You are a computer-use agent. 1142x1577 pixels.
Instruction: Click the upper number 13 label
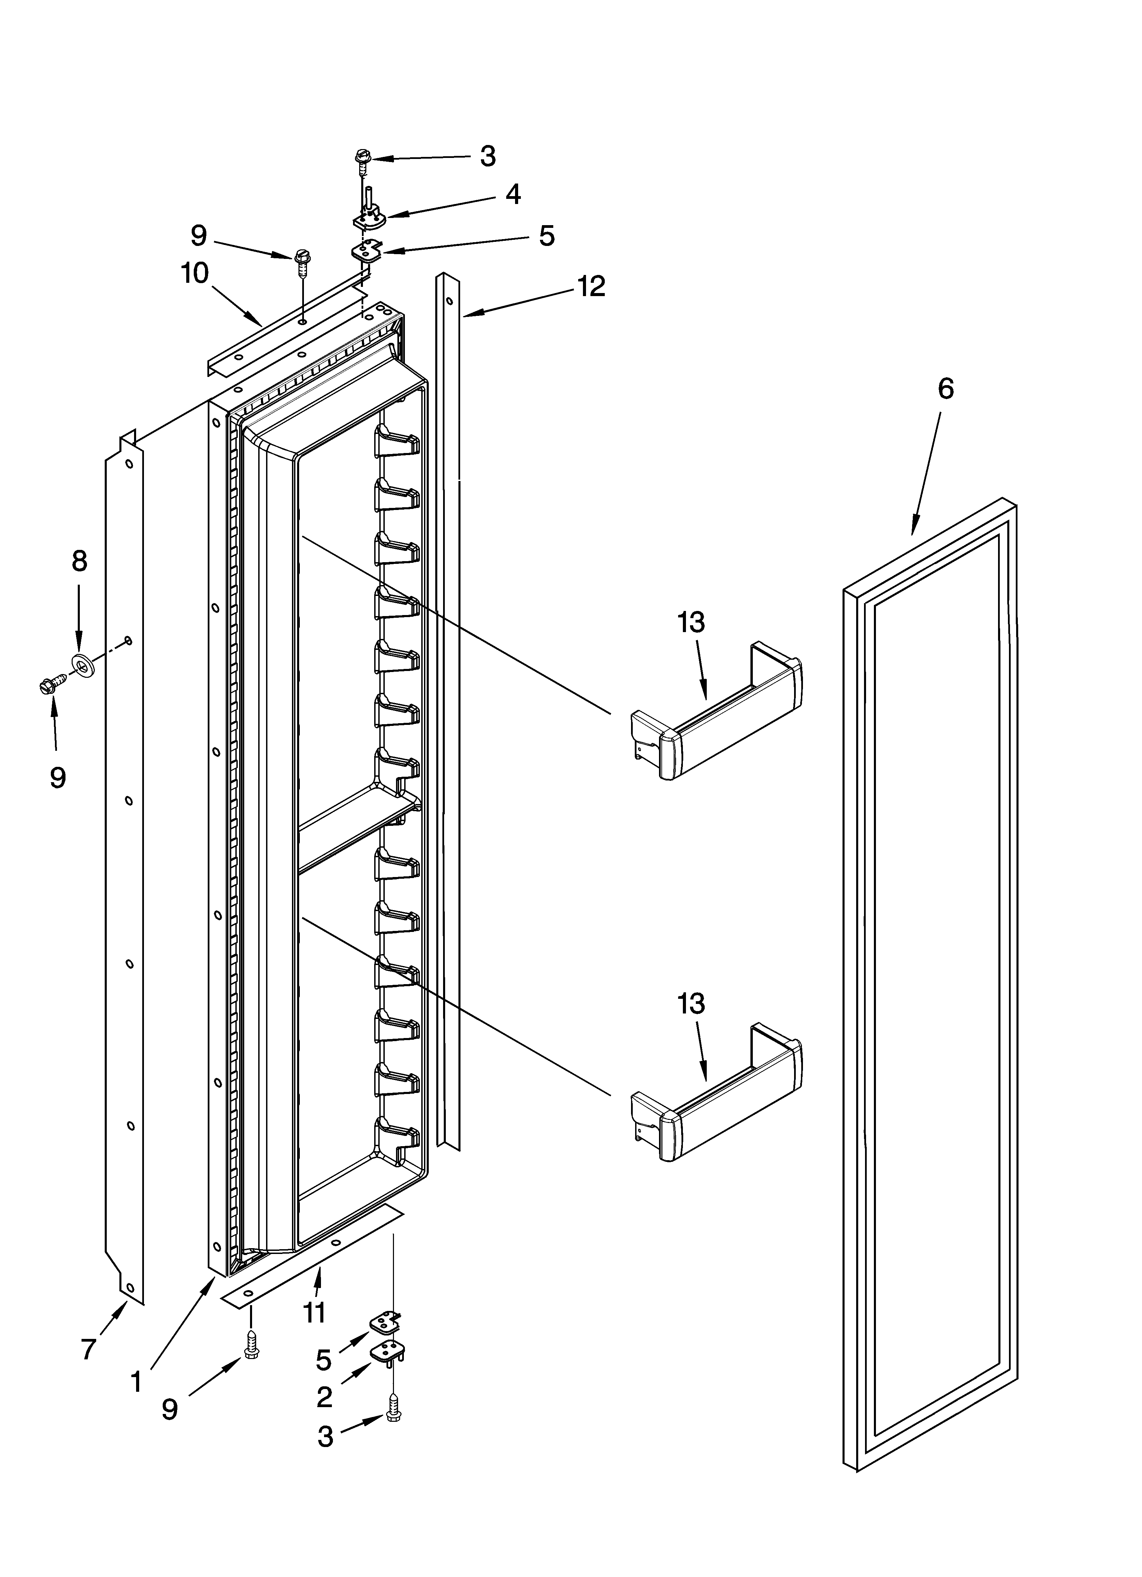[x=691, y=623]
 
